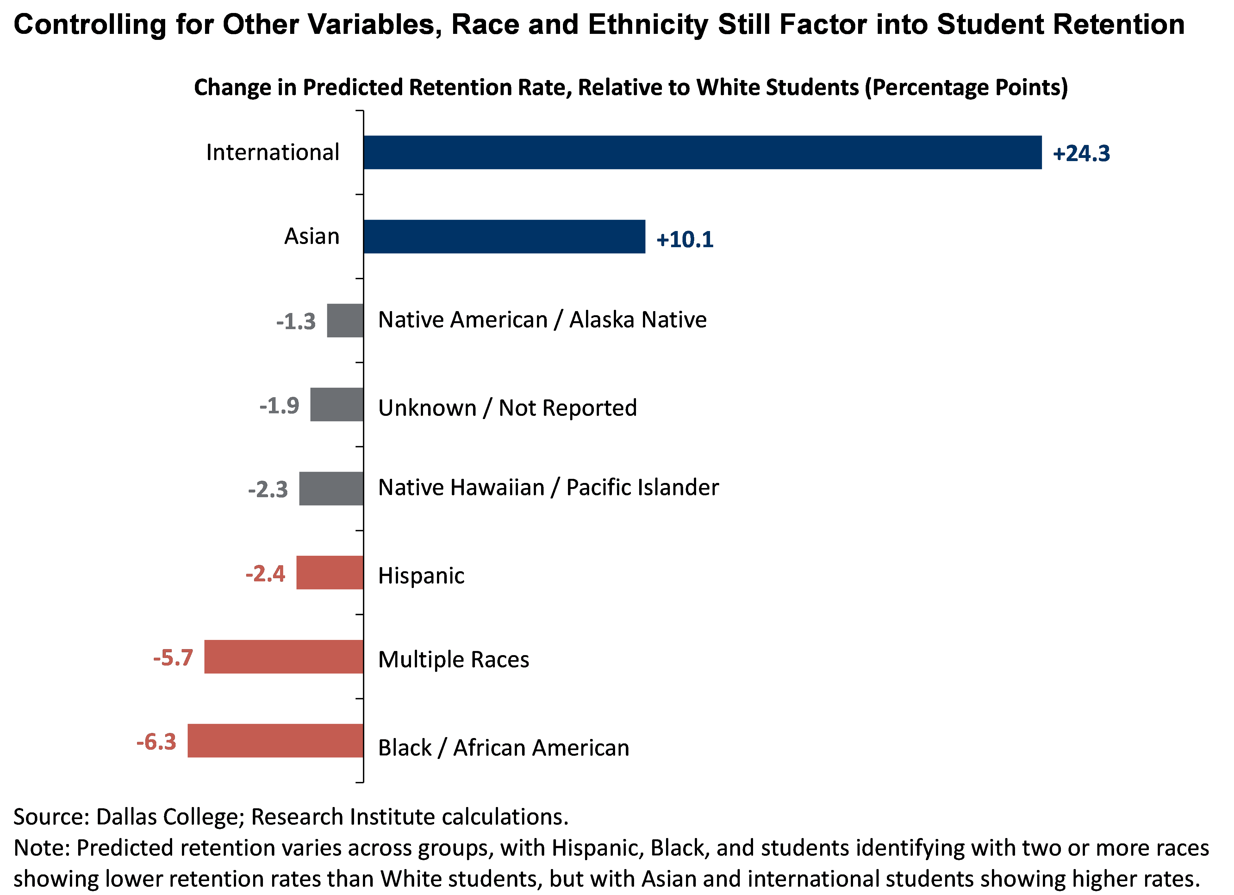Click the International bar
point(702,152)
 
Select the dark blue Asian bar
point(504,237)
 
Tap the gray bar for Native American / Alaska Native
point(345,321)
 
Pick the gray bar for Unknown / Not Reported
point(337,404)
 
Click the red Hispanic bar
point(330,573)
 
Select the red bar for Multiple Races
point(284,657)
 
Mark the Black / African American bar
point(275,741)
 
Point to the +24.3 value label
point(1081,153)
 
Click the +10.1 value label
point(684,239)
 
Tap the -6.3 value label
point(156,742)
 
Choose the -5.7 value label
point(173,658)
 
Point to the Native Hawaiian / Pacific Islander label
point(548,487)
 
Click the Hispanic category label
point(421,576)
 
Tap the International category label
point(273,152)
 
